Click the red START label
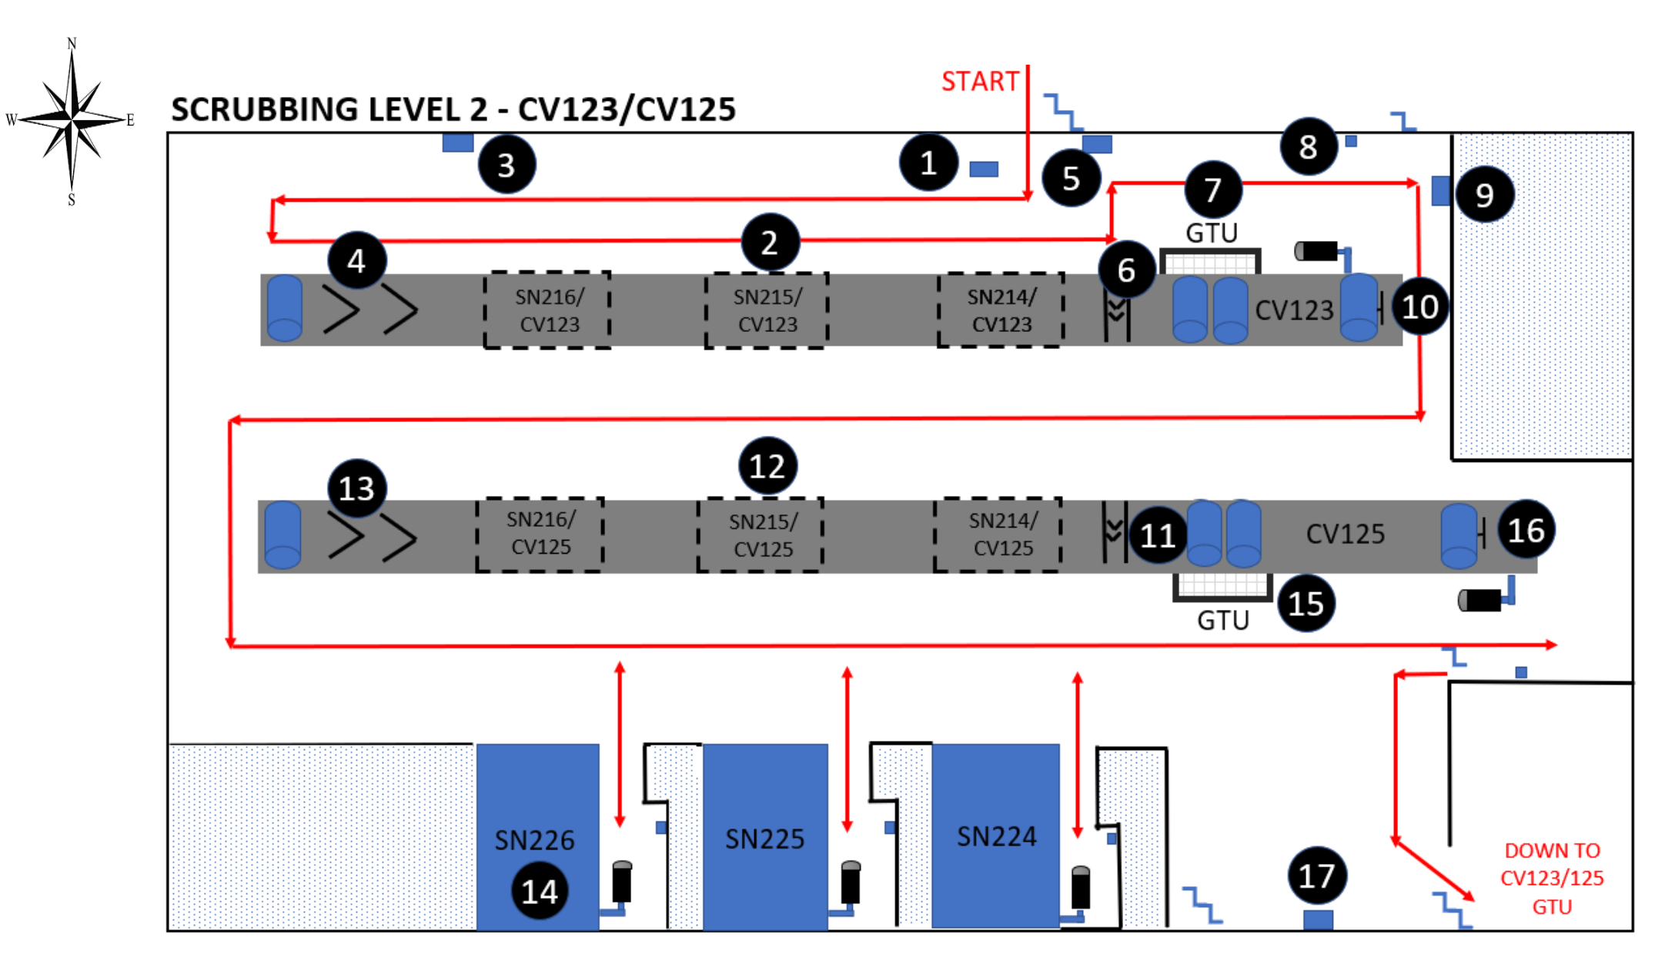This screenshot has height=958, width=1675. (x=979, y=81)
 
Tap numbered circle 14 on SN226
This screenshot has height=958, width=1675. (x=540, y=891)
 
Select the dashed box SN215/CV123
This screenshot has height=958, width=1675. (x=767, y=310)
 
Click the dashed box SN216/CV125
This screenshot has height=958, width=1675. (x=540, y=534)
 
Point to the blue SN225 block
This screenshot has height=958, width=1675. (x=765, y=836)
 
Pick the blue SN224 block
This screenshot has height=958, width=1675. (x=996, y=835)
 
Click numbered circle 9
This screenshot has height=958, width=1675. (x=1485, y=195)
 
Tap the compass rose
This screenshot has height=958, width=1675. (x=72, y=120)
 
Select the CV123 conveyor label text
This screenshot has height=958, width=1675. (x=1294, y=310)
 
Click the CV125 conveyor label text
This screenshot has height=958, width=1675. (x=1345, y=533)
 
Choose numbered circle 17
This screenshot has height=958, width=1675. (x=1316, y=876)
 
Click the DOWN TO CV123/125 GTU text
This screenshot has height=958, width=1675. (x=1552, y=878)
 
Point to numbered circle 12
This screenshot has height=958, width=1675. (x=767, y=466)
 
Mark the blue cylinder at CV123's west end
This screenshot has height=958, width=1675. (x=284, y=308)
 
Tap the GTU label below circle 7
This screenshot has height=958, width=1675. (x=1211, y=232)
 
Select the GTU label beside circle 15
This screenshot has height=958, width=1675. (x=1222, y=620)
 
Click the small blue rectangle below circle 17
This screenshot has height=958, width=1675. (x=1318, y=919)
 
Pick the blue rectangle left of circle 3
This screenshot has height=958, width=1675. (x=457, y=142)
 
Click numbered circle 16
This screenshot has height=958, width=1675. (x=1526, y=530)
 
